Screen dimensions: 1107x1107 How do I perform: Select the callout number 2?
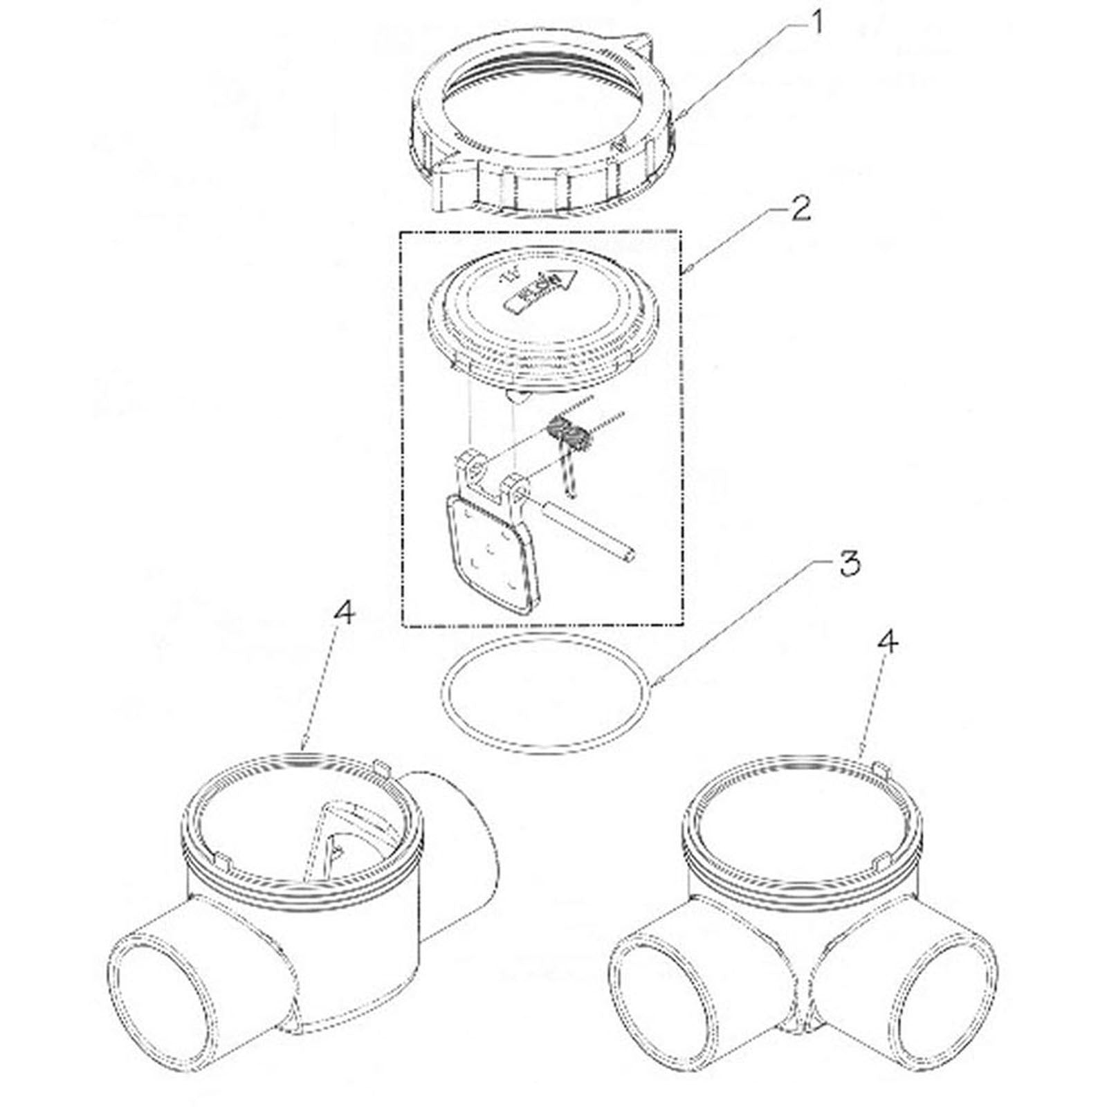pyautogui.click(x=800, y=208)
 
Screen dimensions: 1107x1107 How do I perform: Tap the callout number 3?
pyautogui.click(x=849, y=564)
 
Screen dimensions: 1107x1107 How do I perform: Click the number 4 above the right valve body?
pyautogui.click(x=888, y=643)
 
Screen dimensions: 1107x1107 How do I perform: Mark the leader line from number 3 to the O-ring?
pyautogui.click(x=747, y=623)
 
